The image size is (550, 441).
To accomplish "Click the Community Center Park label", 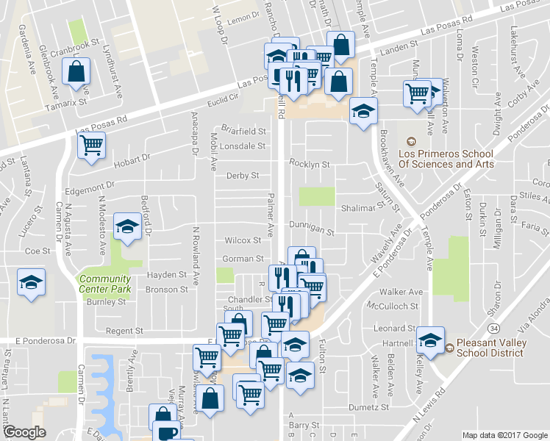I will pos(104,284).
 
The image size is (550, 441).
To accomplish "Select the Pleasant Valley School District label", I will pos(490,347).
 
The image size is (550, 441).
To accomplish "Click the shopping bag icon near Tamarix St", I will pos(76,72).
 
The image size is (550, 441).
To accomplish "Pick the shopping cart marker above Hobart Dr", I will pos(92,146).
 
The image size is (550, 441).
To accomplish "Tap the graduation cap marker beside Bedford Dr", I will pos(129,226).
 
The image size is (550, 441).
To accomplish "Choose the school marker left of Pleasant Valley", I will pos(430,340).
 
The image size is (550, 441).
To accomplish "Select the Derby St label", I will pos(243,176).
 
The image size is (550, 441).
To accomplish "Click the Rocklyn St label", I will pos(309,163).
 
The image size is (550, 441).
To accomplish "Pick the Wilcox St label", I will pos(243,240).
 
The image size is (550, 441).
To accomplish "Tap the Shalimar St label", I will pos(359,208).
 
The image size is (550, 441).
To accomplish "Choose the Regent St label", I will pos(123,331).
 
